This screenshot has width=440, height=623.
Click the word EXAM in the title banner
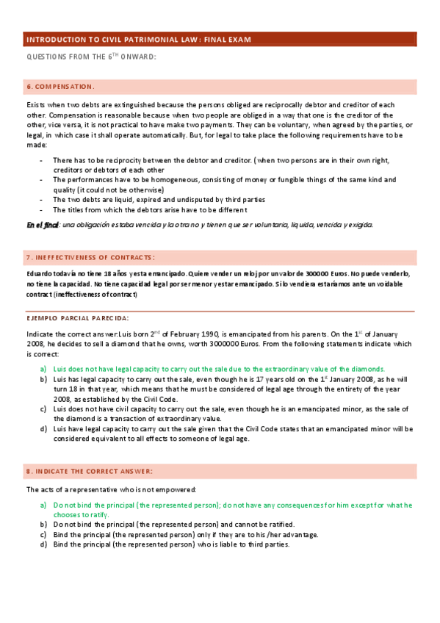(x=255, y=40)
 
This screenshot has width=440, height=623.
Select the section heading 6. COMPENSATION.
(x=60, y=86)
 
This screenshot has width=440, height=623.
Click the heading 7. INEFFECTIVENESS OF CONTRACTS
(x=90, y=257)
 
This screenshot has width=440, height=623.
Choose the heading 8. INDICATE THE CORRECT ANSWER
(x=89, y=470)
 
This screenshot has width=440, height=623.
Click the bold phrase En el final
(x=42, y=225)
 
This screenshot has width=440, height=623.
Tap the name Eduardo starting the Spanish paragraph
(x=40, y=273)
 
